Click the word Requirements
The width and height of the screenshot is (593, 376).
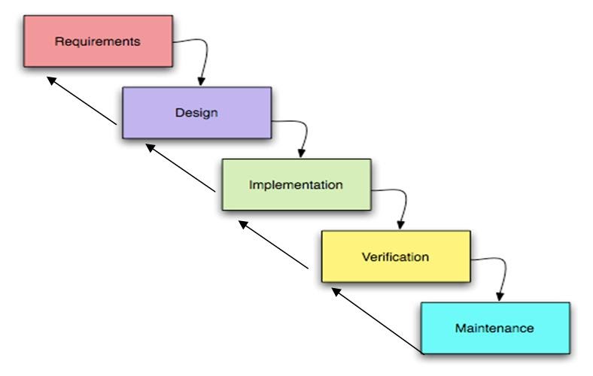pos(97,41)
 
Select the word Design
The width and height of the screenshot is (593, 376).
pos(196,113)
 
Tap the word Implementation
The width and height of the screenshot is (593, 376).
pos(296,184)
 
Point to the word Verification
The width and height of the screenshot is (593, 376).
pos(395,256)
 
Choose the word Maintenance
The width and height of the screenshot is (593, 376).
pos(494,328)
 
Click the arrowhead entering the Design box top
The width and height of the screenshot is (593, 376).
pos(200,81)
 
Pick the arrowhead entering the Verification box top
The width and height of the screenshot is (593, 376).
pos(401,225)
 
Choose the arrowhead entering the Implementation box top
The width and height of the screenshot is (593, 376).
pos(301,153)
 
